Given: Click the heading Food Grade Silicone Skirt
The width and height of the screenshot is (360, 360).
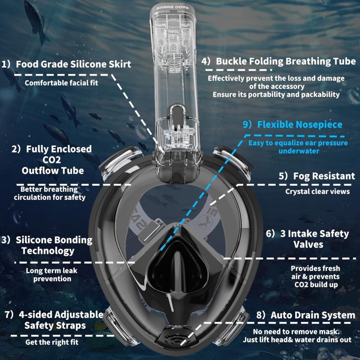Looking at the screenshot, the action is coord(73,64).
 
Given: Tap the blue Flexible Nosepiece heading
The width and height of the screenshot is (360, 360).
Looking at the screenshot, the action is coord(300,125).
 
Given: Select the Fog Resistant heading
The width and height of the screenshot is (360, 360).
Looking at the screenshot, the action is coord(324,176).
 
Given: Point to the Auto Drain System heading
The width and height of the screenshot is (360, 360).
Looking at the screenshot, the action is coord(313,315).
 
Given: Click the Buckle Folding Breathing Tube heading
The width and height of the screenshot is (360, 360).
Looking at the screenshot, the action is coord(286,61).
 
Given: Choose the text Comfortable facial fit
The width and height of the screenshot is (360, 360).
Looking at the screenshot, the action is coord(61,83).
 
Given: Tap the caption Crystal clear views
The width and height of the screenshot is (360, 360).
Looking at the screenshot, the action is coord(318,191).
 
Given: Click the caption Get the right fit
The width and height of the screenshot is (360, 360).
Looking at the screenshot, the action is coord(52,342).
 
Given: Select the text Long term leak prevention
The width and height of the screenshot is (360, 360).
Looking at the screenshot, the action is coord(52,274).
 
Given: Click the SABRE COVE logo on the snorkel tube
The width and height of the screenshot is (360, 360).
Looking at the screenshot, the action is coord(172,8).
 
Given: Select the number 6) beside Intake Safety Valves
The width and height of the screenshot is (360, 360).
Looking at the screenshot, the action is coord(270,234).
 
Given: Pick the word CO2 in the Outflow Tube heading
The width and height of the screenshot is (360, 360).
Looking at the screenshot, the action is coord(52,160).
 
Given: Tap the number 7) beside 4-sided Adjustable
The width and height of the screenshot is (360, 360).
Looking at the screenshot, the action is coord(9,315).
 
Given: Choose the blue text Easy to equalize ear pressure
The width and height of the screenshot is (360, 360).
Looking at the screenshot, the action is coord(298,143).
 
